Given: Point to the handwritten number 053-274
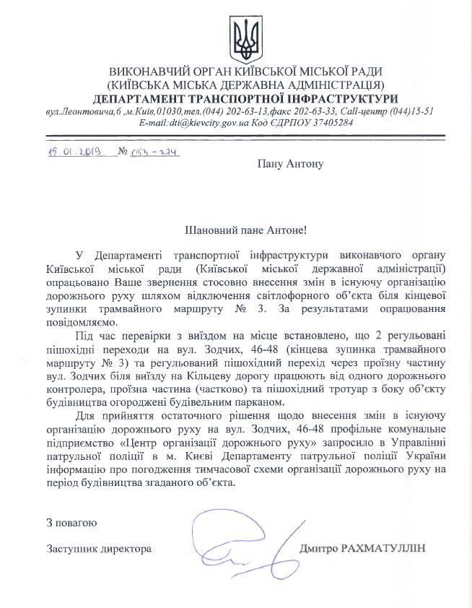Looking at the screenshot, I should (154, 152).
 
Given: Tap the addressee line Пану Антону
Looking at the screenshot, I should (291, 163).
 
